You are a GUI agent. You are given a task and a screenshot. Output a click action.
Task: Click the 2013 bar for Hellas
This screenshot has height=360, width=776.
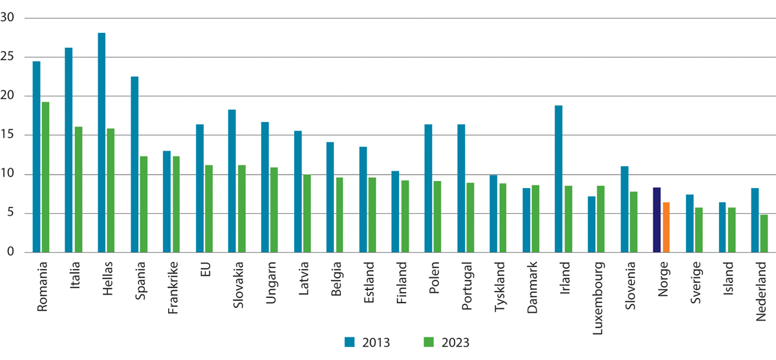coord(102,142)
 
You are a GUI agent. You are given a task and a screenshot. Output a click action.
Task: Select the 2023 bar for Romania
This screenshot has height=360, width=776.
coord(45,177)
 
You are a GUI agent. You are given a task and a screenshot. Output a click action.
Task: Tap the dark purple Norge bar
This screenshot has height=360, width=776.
coord(656,220)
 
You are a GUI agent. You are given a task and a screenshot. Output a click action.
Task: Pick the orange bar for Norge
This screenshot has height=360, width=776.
coord(666,227)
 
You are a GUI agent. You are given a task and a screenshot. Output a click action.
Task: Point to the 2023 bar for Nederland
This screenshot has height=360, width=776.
coord(764,233)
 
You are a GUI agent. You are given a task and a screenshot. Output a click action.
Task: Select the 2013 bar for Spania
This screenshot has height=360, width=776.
coord(135,164)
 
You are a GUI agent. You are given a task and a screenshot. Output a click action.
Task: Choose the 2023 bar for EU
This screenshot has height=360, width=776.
coord(209,209)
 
